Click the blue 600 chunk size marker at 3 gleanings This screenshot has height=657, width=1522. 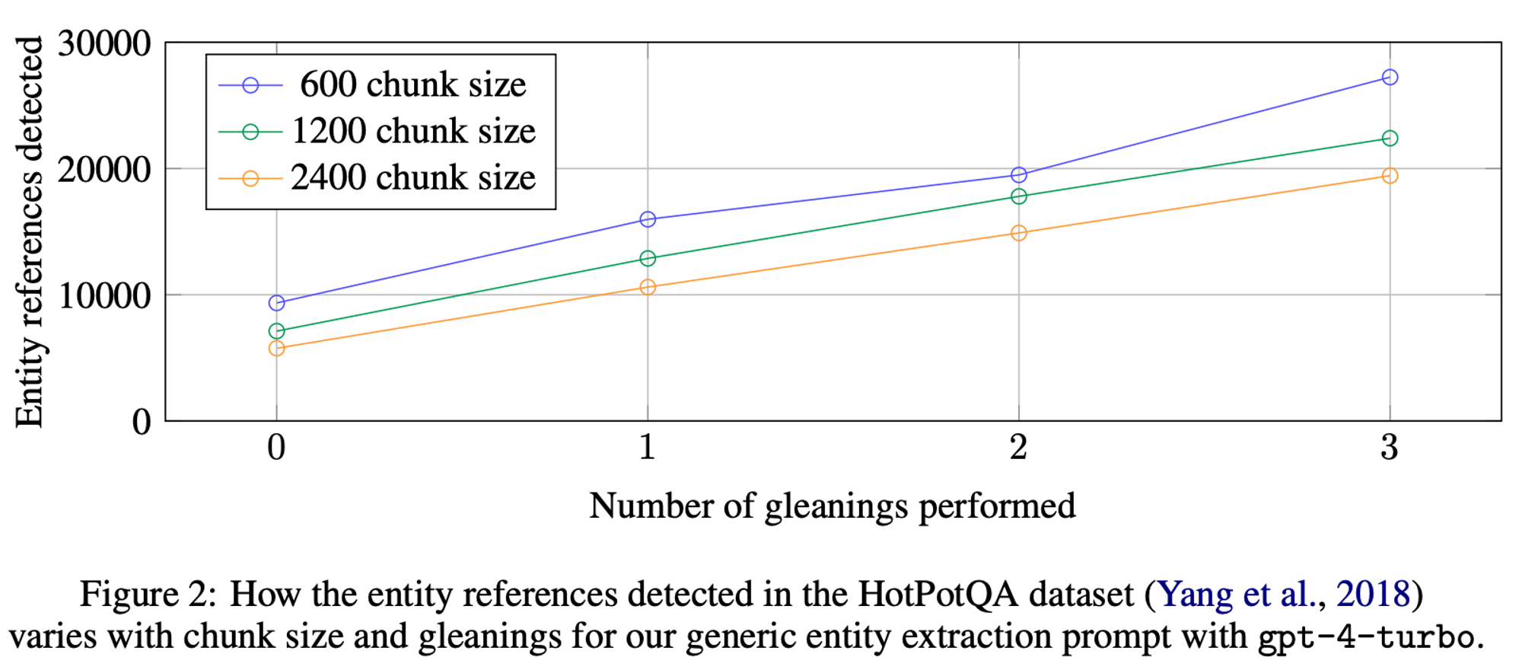pyautogui.click(x=1390, y=77)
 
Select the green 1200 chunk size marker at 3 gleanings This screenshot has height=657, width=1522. pyautogui.click(x=1390, y=138)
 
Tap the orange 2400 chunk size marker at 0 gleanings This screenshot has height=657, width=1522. pyautogui.click(x=276, y=348)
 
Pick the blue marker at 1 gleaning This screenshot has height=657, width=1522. pyautogui.click(x=648, y=219)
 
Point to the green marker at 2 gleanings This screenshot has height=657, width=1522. pyautogui.click(x=1018, y=196)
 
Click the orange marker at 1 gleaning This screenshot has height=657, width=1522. pyautogui.click(x=648, y=287)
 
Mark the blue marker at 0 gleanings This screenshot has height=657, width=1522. pyautogui.click(x=276, y=303)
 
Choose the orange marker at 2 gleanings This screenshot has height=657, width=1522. pyautogui.click(x=1018, y=233)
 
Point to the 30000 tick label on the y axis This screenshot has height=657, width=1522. pyautogui.click(x=104, y=43)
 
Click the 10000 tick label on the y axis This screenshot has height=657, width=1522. pyautogui.click(x=104, y=295)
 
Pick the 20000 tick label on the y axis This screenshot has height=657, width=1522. pyautogui.click(x=104, y=169)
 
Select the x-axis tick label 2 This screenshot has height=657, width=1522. pyautogui.click(x=1018, y=447)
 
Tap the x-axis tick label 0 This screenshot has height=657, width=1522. pyautogui.click(x=276, y=447)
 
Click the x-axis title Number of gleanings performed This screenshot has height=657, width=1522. pyautogui.click(x=832, y=506)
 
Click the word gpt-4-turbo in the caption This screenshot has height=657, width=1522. pyautogui.click(x=1365, y=636)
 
